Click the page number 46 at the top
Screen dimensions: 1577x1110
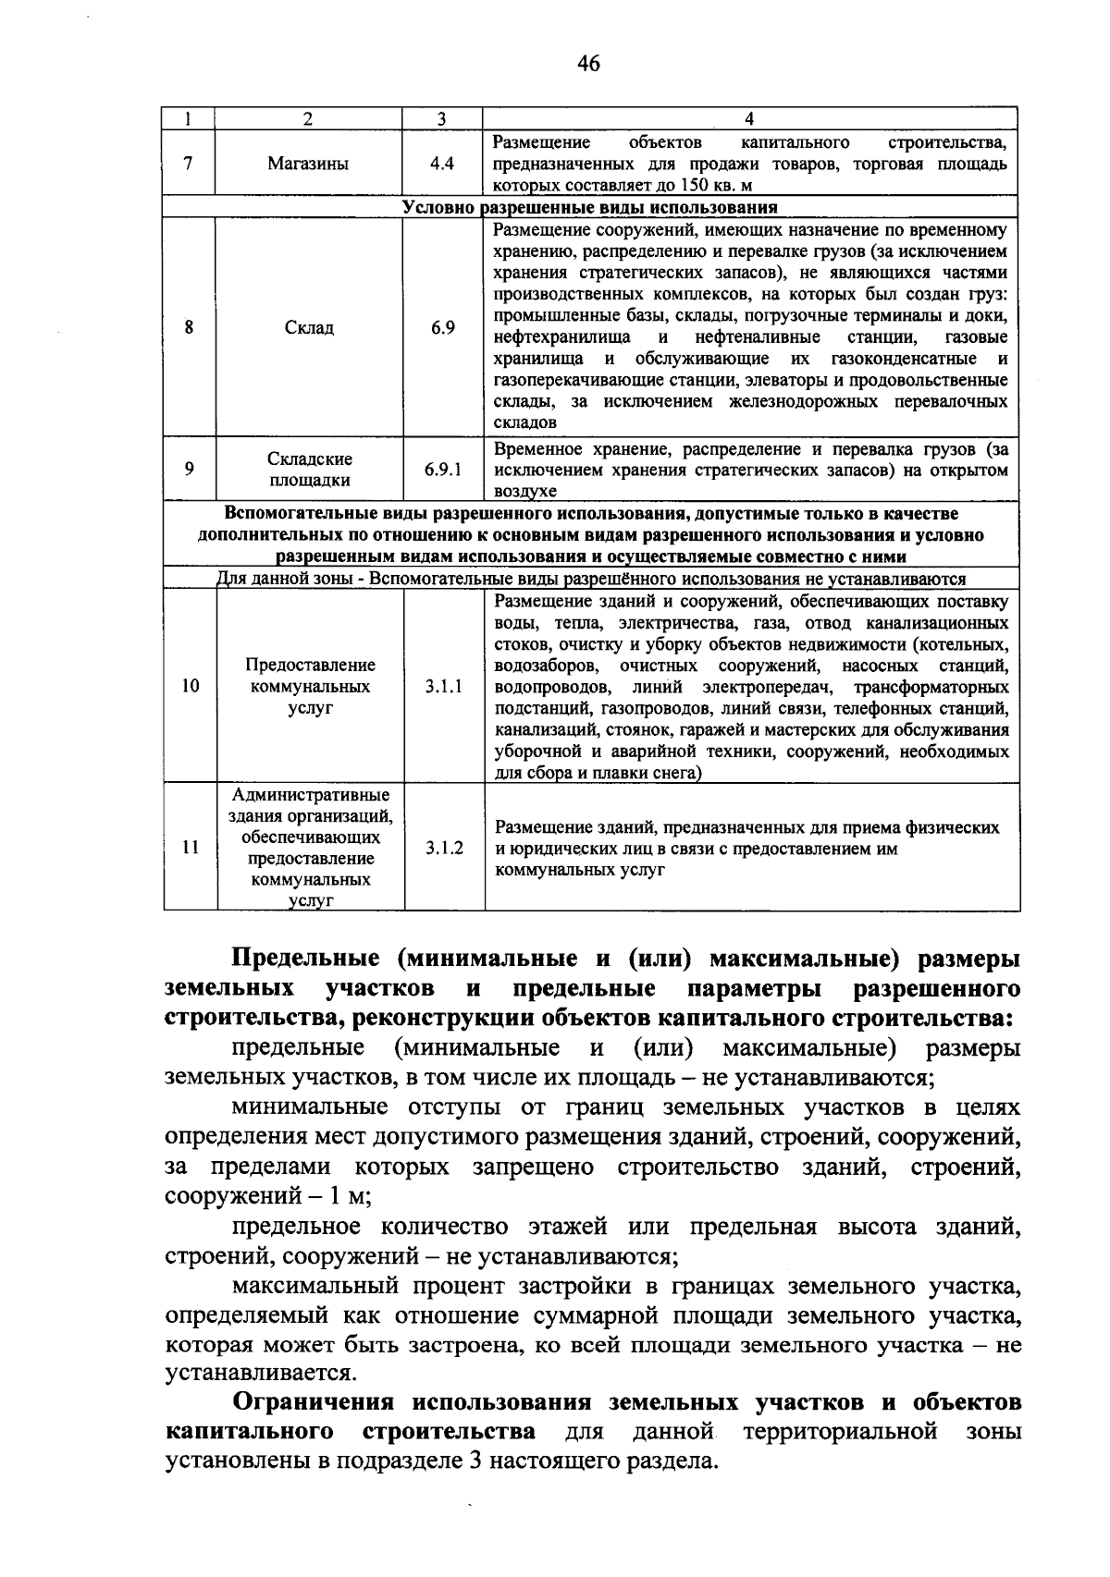(588, 64)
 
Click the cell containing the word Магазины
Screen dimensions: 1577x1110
(308, 164)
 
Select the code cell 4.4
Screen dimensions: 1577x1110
(442, 164)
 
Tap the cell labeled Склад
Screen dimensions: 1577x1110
(308, 327)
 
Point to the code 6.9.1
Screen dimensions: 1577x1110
(443, 470)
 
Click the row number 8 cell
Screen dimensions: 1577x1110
(189, 327)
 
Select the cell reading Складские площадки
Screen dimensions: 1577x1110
(308, 470)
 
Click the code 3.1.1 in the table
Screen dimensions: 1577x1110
(444, 687)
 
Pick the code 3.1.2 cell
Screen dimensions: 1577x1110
(444, 848)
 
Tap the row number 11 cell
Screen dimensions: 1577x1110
(191, 848)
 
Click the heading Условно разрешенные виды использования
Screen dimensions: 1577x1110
(590, 207)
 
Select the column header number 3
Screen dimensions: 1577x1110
(442, 118)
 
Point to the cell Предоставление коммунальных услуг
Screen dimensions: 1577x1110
(310, 687)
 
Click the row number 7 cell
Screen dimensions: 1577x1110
(189, 164)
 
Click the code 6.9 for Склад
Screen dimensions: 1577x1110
(442, 327)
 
